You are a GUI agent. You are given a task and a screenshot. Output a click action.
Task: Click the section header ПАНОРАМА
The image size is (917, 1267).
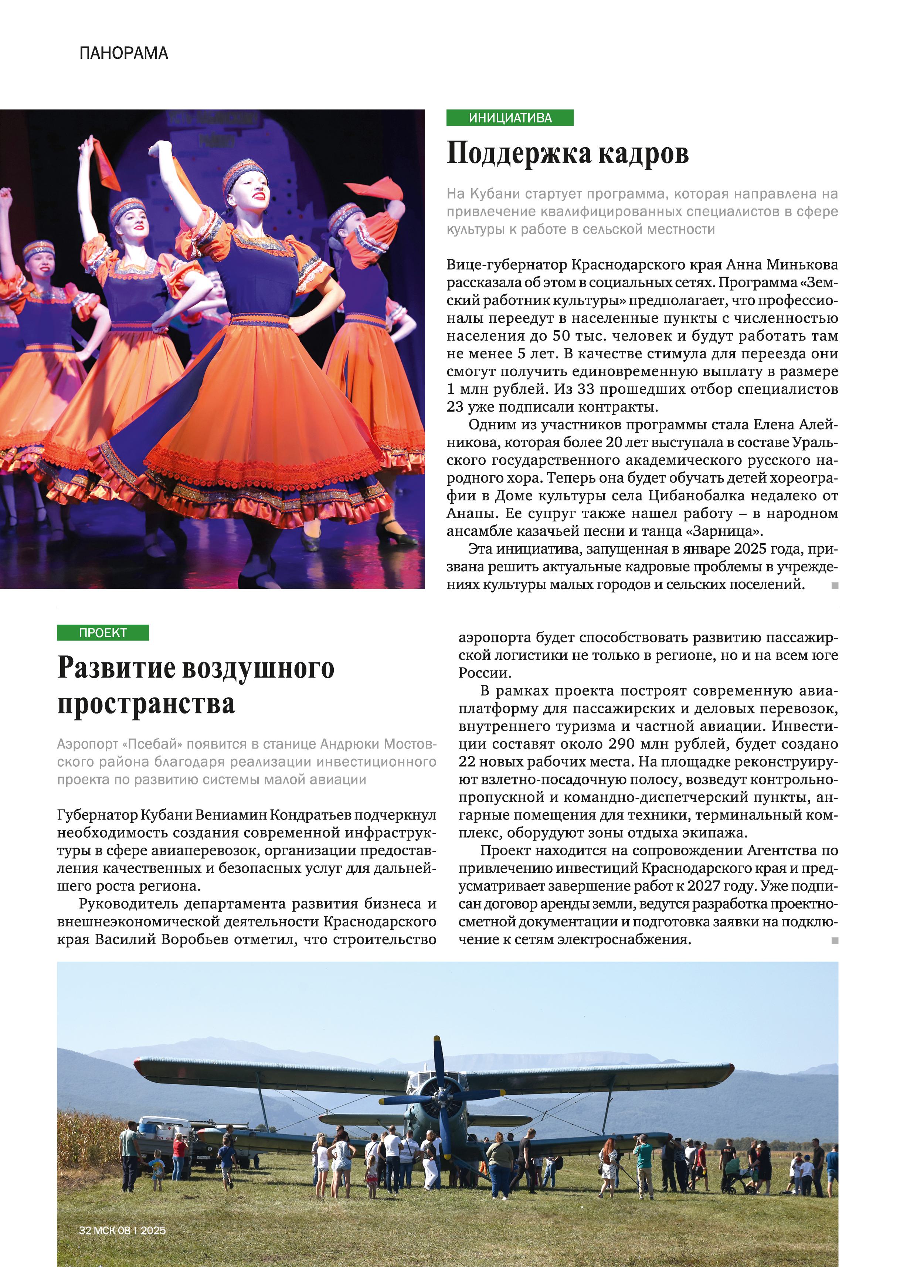click(123, 53)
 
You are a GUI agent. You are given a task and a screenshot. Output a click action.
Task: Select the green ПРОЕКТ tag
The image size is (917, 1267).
click(103, 632)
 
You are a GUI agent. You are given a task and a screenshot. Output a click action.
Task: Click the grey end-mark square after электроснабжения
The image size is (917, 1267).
click(835, 941)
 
